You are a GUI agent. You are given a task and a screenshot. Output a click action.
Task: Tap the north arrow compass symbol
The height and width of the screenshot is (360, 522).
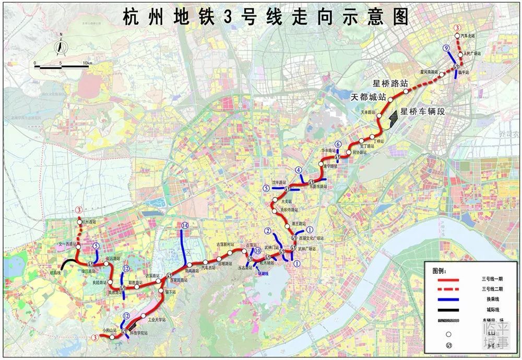point(61,47)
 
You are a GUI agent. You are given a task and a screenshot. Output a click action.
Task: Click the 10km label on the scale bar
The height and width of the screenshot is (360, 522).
point(86,63)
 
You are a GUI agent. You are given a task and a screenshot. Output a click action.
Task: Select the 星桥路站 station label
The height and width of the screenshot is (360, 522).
point(390,83)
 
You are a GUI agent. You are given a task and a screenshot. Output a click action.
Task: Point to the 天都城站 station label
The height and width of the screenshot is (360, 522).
point(368,97)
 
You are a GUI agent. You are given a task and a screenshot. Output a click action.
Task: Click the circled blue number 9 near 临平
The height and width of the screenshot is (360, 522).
point(446,48)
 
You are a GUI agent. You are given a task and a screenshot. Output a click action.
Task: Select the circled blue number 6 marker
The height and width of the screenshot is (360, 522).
point(338,145)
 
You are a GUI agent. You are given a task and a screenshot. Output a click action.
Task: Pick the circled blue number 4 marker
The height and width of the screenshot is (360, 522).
point(299,170)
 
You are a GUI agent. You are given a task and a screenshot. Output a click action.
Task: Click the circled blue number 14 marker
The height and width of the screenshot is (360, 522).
point(185,226)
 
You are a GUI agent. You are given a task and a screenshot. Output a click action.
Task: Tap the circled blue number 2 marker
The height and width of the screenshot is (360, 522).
point(268,231)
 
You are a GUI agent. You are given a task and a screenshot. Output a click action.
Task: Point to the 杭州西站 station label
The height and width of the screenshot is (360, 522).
point(90,222)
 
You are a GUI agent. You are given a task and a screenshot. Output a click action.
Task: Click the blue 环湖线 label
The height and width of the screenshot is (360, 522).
point(263,273)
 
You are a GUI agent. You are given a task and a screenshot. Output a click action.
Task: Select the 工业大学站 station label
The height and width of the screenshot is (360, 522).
point(157,319)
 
